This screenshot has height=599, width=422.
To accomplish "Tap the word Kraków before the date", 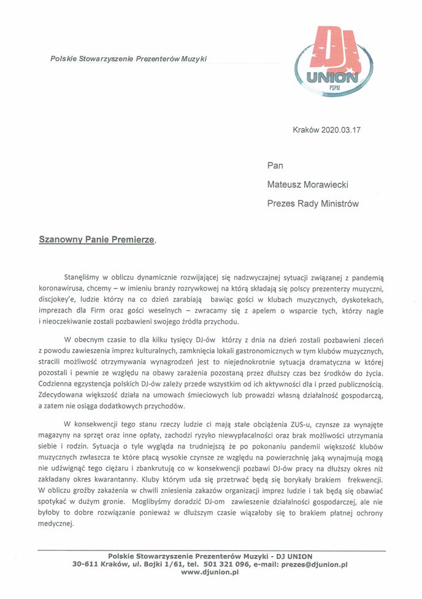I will point(307,130).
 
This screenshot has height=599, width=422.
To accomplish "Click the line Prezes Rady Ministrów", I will point(313,203).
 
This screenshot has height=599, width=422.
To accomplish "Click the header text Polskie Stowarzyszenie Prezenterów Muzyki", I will point(129,59).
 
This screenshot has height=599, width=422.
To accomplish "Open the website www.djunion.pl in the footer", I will point(210,572).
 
